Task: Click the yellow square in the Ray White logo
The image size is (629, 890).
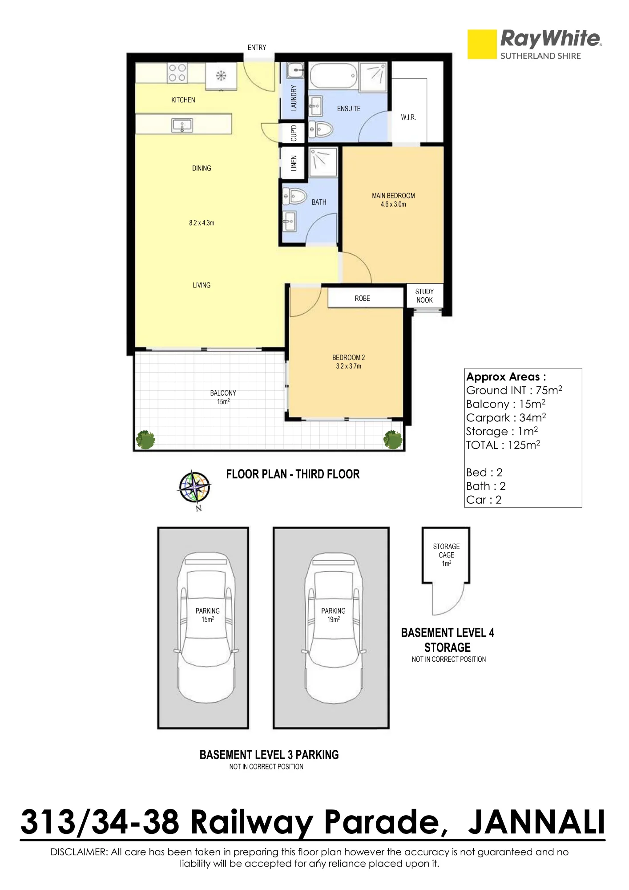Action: [482, 44]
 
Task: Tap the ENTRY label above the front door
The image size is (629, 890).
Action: [257, 48]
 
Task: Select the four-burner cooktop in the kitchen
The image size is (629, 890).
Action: [177, 73]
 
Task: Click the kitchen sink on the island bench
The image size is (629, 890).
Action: [182, 125]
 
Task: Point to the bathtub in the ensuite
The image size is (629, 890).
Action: [333, 77]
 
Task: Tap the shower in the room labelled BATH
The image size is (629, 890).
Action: [323, 163]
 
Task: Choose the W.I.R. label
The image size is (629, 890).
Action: [408, 117]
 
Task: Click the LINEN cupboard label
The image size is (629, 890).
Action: [293, 163]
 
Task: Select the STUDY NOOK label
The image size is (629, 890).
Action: [424, 296]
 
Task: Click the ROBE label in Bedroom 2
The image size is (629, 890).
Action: [362, 299]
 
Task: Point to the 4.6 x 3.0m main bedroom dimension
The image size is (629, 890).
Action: [393, 205]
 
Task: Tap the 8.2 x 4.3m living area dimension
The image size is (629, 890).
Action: [202, 223]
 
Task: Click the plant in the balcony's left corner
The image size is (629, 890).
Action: [145, 440]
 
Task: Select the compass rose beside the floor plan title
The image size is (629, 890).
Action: [195, 488]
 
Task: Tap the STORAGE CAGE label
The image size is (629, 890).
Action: [446, 551]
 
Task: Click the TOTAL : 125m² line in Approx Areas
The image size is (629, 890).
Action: [503, 445]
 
